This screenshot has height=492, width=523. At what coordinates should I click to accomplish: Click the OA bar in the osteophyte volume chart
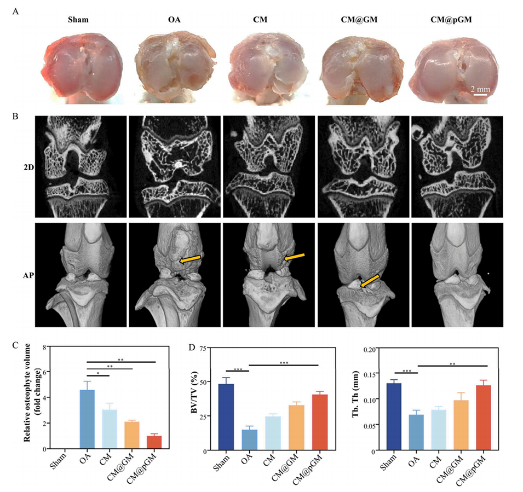pyautogui.click(x=87, y=419)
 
